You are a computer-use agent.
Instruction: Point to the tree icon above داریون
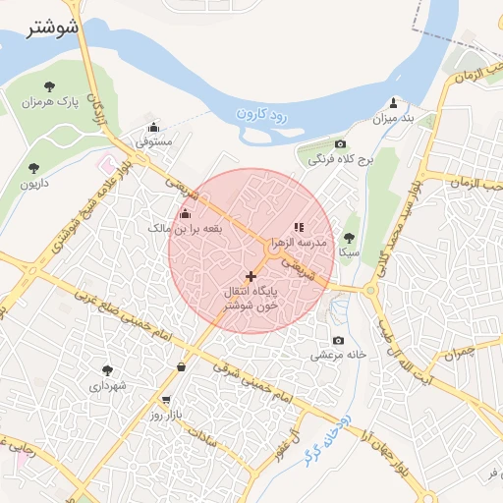34,168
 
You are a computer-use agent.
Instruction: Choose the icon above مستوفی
153,127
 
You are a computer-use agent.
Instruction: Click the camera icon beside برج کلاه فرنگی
341,144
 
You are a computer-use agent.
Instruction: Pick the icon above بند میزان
394,102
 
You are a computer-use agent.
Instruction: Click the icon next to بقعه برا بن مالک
185,213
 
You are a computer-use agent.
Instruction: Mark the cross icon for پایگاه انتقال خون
251,276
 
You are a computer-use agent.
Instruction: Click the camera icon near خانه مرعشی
339,340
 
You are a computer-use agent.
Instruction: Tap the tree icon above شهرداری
107,370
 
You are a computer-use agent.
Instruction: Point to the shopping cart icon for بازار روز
165,401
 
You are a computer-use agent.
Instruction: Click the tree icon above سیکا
350,237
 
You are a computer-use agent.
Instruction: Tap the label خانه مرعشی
340,355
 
